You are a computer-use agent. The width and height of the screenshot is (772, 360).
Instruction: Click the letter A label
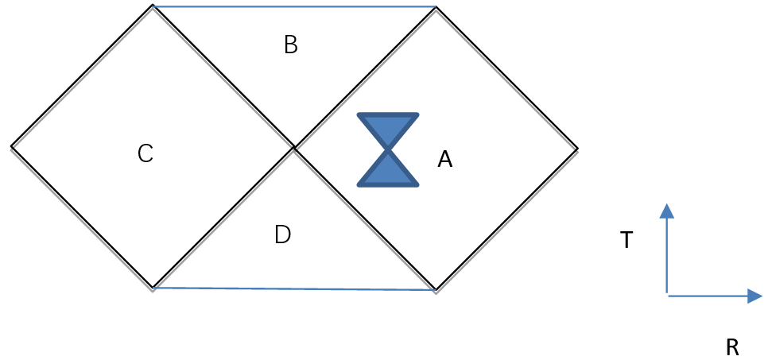(445, 160)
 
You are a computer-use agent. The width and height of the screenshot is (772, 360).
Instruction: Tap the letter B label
(291, 45)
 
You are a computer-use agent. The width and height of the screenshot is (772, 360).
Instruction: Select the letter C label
(145, 153)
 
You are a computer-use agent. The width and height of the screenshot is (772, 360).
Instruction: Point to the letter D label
(282, 235)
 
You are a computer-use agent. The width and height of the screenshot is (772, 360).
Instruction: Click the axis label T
(627, 240)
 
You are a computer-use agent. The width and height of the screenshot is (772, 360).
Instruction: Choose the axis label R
(732, 347)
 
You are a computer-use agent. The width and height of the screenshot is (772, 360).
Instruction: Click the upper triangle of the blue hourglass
(388, 127)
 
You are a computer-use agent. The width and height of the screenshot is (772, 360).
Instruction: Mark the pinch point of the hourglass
(388, 149)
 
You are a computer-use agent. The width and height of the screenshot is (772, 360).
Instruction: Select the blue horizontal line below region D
(294, 288)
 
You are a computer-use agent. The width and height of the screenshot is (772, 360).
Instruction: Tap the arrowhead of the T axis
(667, 211)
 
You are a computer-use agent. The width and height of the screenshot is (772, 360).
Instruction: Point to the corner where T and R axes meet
(667, 296)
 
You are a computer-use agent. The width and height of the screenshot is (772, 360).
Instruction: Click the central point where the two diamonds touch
(294, 147)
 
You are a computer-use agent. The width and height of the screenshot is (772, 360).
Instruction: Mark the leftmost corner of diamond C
(12, 147)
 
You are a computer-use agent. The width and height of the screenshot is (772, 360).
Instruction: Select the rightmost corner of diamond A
(577, 148)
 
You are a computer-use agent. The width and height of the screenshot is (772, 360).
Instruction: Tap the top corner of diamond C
(153, 6)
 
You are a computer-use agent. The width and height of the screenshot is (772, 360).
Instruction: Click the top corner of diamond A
(436, 7)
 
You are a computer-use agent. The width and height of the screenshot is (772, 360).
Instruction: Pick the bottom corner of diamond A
(436, 289)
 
